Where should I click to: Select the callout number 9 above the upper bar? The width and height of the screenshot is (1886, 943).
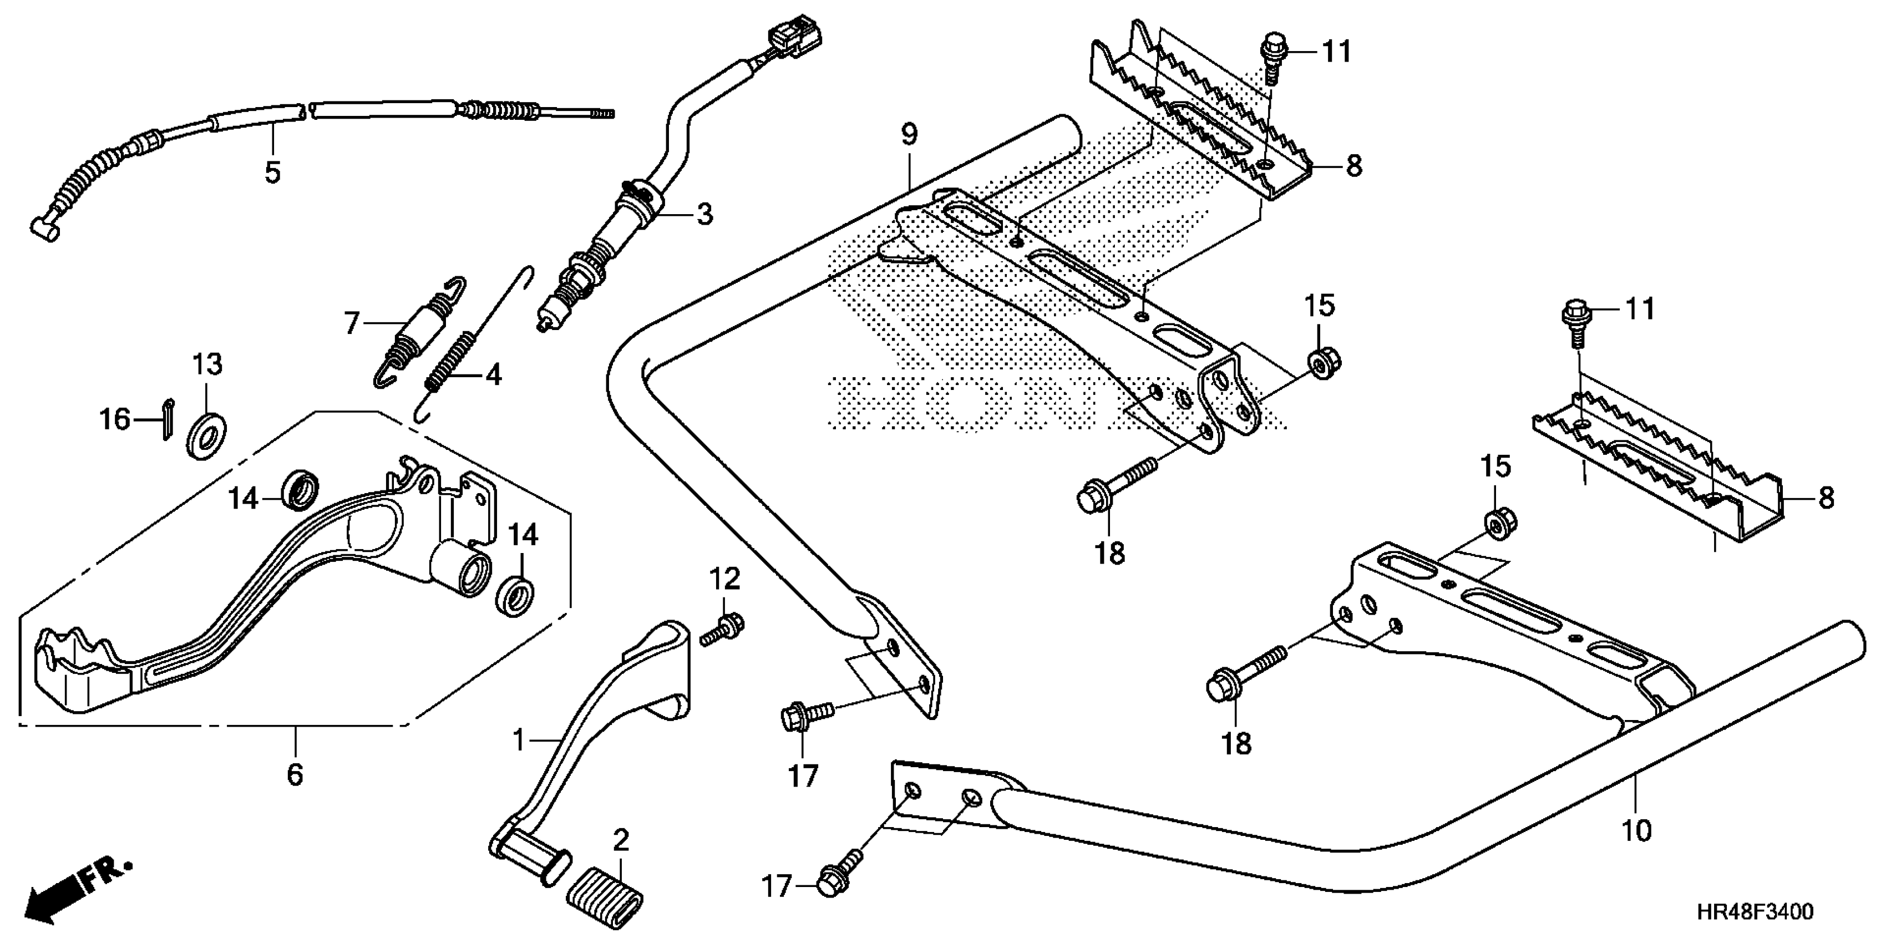909,134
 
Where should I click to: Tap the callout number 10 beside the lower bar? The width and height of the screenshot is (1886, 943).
1636,831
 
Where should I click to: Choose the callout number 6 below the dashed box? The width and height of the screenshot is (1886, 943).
295,774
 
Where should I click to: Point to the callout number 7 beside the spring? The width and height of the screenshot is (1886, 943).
352,322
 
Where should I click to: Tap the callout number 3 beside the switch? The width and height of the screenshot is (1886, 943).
703,215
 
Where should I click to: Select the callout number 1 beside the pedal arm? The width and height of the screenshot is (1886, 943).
519,742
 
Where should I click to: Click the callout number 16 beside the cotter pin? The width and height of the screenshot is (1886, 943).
115,419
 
